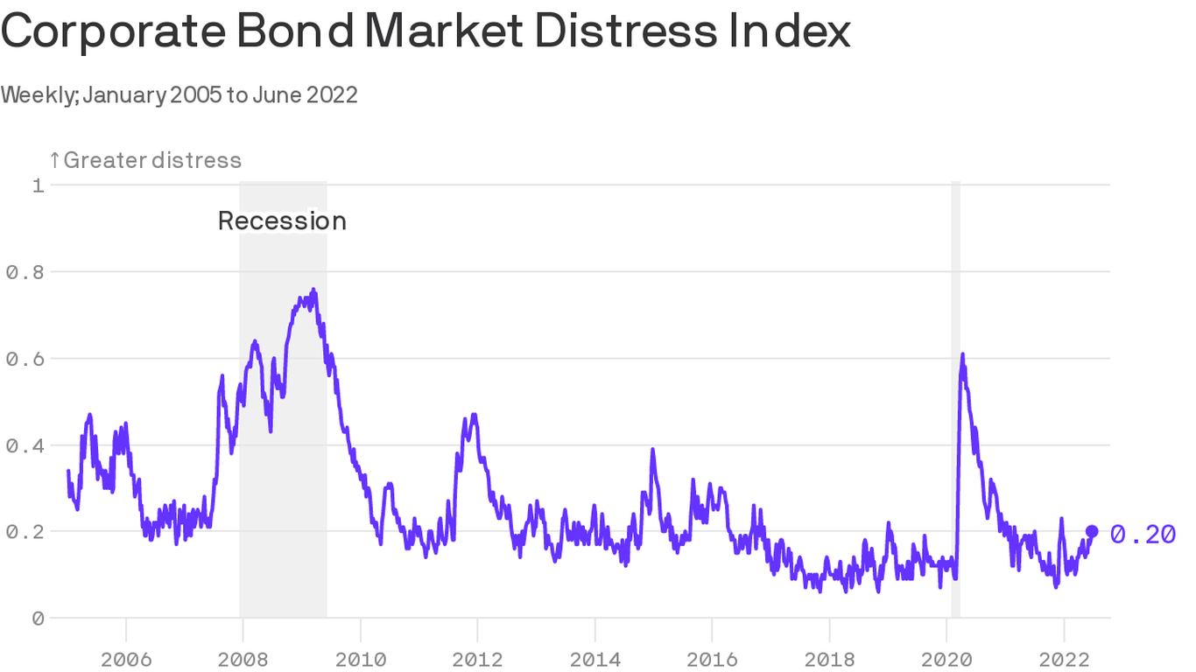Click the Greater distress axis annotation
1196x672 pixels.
[145, 160]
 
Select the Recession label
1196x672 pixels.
[282, 221]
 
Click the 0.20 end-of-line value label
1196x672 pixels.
[1143, 534]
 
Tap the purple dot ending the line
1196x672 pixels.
[1092, 531]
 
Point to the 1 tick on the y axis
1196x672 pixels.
[39, 185]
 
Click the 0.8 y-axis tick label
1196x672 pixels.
[25, 272]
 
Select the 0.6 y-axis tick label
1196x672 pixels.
[25, 359]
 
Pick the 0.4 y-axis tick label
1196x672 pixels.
[25, 445]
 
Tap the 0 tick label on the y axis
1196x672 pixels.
[38, 619]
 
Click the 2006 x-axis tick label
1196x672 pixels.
[126, 659]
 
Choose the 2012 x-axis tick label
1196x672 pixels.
[477, 659]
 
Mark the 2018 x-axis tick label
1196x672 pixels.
[829, 659]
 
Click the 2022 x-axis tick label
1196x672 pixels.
[1063, 659]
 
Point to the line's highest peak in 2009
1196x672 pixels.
[313, 290]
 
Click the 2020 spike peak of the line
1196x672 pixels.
[962, 354]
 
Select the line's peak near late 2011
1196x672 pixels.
[474, 415]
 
